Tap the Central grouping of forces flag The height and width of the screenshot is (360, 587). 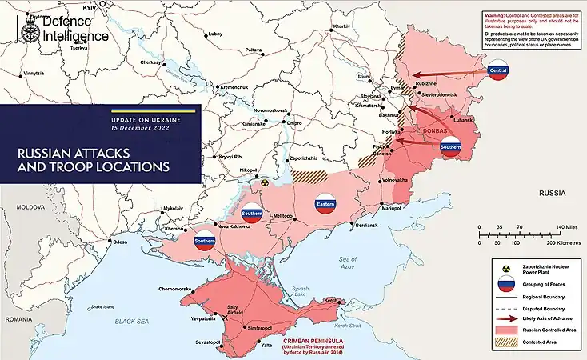coord(499,71)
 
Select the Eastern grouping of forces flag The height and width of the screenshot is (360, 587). coord(325,203)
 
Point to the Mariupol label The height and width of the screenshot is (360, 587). coord(391,208)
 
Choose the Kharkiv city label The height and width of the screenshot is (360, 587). coord(342,27)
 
